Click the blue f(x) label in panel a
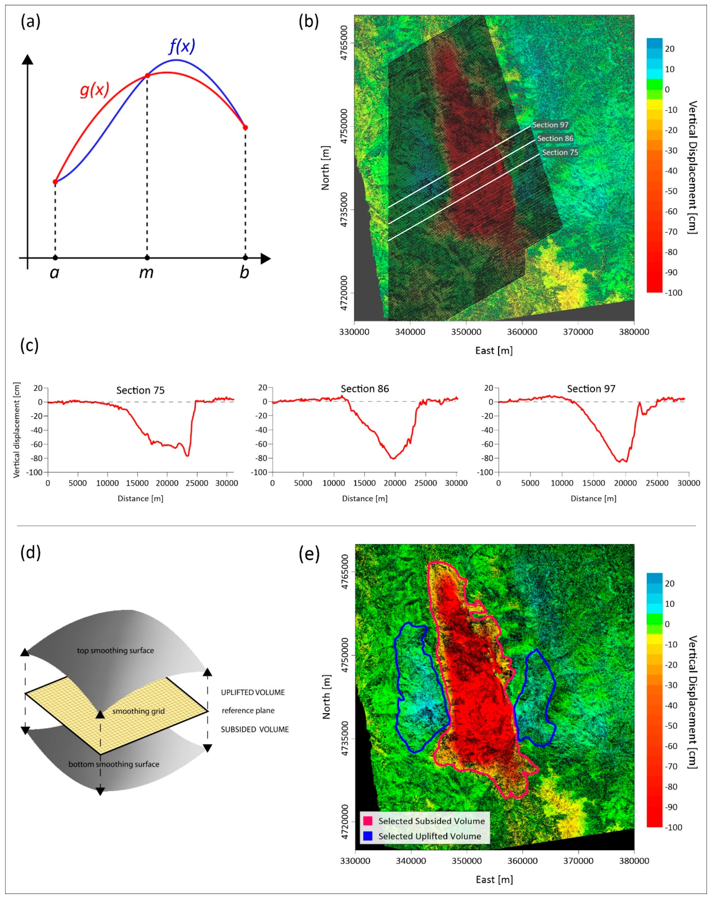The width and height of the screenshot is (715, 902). pos(182,46)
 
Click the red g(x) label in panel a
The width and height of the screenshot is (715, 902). pos(95,89)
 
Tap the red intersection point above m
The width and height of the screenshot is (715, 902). pos(147,76)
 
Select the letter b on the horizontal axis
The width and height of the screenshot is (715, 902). pos(244,273)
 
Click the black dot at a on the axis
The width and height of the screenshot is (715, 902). pos(55,258)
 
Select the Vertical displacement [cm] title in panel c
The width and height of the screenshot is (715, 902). pos(16,430)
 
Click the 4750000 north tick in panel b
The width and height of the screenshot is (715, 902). pos(344,126)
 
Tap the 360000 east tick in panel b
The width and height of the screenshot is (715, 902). pos(522,332)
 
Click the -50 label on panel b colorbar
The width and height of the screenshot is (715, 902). pos(671,191)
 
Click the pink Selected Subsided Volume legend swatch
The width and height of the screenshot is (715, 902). pos(368,821)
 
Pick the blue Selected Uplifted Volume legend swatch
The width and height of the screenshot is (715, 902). pos(368,836)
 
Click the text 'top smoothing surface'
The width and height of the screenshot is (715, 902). pos(115,651)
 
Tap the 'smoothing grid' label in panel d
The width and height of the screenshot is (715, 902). pos(138,711)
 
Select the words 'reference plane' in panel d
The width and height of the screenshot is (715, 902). pos(248,710)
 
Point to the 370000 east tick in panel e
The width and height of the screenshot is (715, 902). pos(578,861)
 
